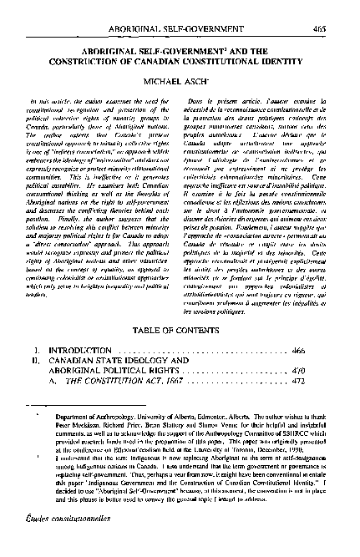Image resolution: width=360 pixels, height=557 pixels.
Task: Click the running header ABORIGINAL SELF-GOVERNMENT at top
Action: click(x=180, y=8)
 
